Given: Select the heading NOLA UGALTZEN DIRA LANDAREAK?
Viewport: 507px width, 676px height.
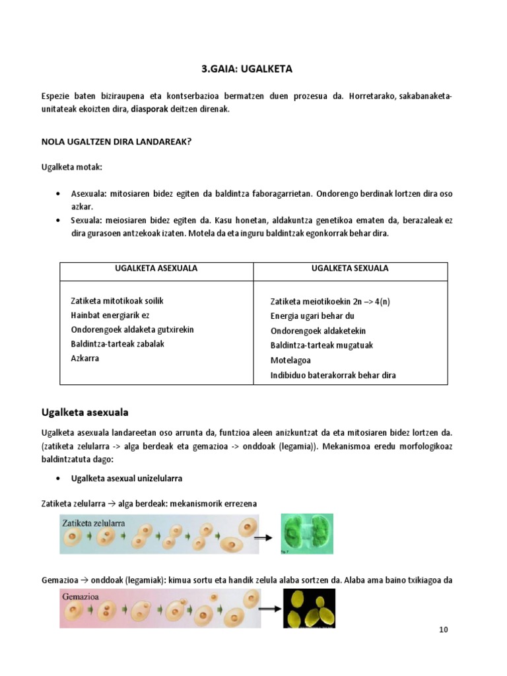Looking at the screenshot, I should click(x=116, y=140).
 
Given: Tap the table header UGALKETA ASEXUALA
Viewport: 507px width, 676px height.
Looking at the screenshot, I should click(x=157, y=269).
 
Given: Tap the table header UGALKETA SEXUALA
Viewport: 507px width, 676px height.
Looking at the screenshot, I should click(x=350, y=269).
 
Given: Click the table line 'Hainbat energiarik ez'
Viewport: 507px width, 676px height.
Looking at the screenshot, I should click(x=110, y=316).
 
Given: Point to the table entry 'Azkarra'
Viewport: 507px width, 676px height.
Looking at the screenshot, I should click(x=84, y=358).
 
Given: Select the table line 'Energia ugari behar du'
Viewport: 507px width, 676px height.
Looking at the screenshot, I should click(x=312, y=316).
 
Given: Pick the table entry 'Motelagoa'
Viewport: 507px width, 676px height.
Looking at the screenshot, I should click(x=290, y=360).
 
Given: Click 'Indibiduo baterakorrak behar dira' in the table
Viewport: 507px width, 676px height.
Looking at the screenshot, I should click(x=333, y=375).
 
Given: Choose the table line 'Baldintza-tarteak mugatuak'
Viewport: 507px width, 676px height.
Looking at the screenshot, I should click(x=322, y=345).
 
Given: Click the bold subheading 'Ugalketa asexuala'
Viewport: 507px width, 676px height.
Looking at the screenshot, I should click(x=84, y=413).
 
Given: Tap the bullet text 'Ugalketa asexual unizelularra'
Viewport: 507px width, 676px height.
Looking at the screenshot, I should click(x=127, y=478).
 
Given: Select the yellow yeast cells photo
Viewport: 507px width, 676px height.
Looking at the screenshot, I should click(x=309, y=608).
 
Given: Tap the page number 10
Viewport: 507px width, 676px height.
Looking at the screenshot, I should click(x=444, y=630).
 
